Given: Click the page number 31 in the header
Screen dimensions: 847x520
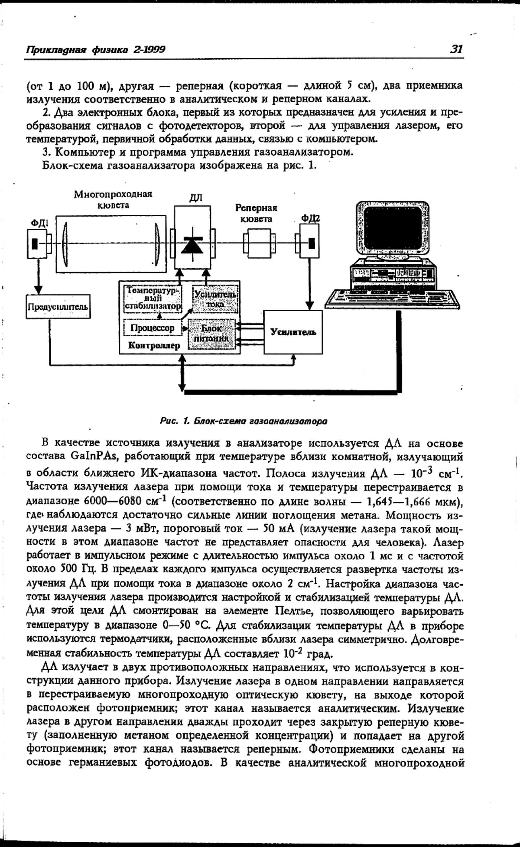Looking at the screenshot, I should [456, 49].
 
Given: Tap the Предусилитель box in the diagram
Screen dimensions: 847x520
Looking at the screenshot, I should [58, 307].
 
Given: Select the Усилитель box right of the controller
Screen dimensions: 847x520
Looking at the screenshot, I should [293, 332].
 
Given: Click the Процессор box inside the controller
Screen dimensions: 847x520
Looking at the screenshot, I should [152, 328].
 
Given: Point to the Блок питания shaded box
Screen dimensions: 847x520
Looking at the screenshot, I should [212, 334].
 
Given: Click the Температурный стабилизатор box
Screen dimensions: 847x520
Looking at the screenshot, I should [153, 298].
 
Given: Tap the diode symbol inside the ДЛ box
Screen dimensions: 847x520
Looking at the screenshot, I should [192, 245].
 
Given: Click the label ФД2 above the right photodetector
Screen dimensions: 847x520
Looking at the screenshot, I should [311, 217].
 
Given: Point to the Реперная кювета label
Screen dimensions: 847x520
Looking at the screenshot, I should [256, 213].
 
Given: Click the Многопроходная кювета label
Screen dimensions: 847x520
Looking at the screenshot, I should [113, 199].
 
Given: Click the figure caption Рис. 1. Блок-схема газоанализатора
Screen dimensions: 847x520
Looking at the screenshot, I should [243, 421].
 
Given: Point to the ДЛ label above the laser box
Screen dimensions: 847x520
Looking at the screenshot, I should [195, 198].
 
